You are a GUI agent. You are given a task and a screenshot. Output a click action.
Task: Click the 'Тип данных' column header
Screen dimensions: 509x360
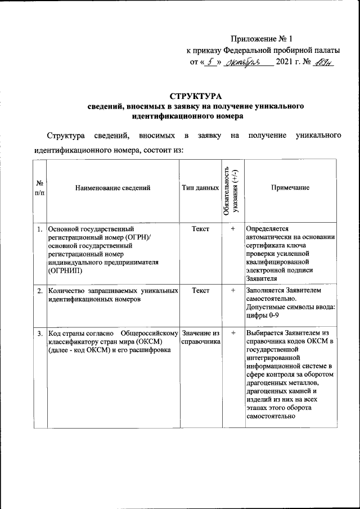coord(200,188)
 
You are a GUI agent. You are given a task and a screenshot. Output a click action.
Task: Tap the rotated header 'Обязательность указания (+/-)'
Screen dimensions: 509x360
coord(231,188)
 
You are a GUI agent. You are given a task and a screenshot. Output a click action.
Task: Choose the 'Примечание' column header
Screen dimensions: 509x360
coord(290,188)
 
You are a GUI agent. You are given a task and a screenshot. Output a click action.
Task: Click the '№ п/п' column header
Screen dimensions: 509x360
coord(40,188)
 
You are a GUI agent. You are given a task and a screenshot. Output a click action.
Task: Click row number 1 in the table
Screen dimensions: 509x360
coord(40,229)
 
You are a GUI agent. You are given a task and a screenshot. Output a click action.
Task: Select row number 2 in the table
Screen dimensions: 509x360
coord(40,291)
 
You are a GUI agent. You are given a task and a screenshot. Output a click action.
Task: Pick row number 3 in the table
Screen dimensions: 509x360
coord(40,334)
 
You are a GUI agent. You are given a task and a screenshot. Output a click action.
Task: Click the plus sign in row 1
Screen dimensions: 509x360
coord(232,229)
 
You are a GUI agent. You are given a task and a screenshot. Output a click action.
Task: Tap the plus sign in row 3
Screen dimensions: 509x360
coord(232,334)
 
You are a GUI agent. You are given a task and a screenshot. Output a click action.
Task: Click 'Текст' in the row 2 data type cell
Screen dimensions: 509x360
coord(200,291)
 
